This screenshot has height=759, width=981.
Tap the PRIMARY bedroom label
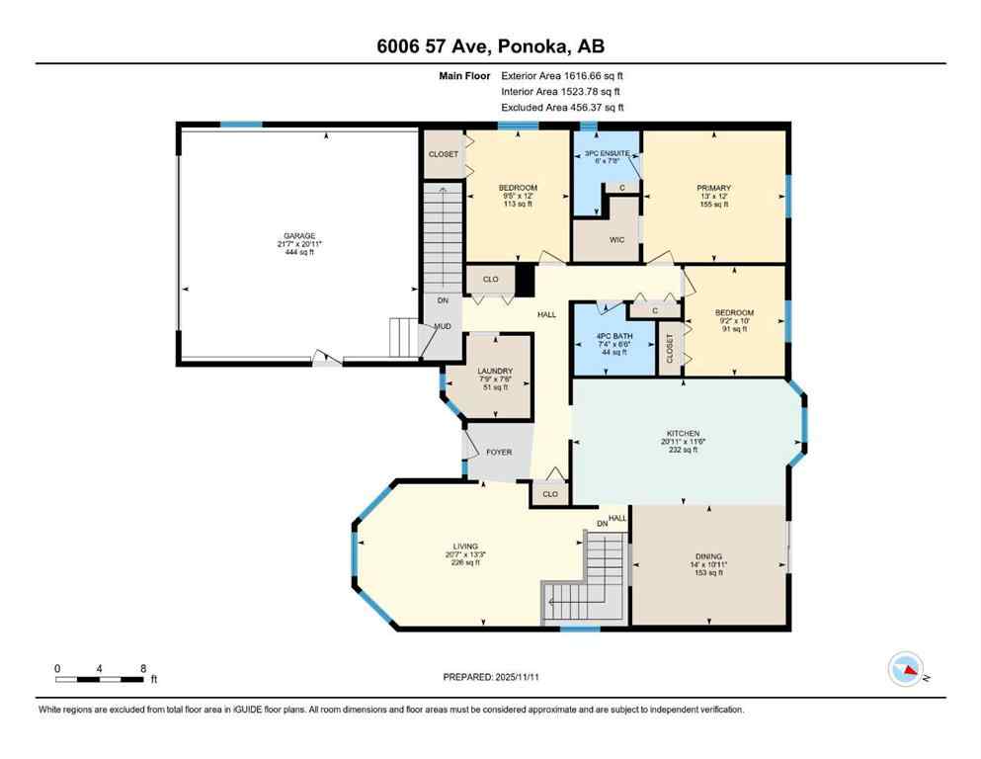[713, 188]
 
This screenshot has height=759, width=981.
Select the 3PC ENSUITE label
[607, 153]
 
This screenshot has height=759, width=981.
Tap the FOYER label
[499, 452]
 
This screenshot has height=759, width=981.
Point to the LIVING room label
[464, 547]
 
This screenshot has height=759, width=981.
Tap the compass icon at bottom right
[905, 670]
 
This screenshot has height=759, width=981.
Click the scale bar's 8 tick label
[143, 668]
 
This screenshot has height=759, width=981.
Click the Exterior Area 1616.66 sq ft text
[562, 75]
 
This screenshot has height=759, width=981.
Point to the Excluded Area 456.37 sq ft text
[562, 107]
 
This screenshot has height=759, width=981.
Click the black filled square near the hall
[525, 280]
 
